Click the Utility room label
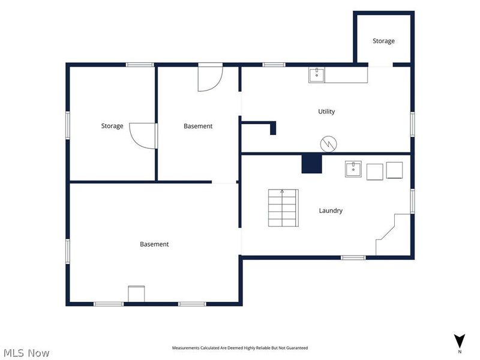(x=326, y=112)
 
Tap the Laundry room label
(x=331, y=211)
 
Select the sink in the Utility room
(x=317, y=75)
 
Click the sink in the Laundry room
(x=353, y=169)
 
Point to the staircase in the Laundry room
(x=283, y=208)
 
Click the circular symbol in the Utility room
(x=328, y=144)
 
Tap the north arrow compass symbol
(x=460, y=341)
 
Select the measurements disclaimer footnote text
(x=239, y=348)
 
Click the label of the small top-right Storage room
(x=383, y=41)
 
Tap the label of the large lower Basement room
(x=154, y=244)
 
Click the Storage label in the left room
(x=112, y=126)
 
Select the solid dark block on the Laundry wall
(x=311, y=164)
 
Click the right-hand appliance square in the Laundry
(x=394, y=170)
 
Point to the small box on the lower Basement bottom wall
(x=136, y=294)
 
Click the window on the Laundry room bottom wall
(x=353, y=258)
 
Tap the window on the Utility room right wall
(x=412, y=124)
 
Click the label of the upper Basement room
(x=198, y=126)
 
